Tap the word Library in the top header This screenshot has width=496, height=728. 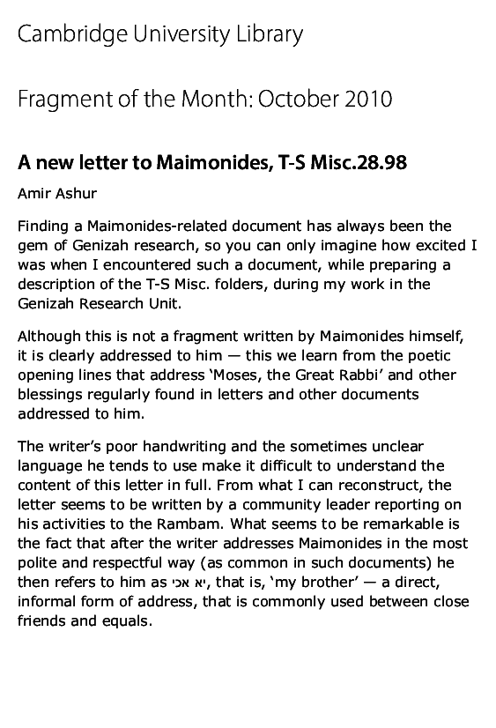coord(269,35)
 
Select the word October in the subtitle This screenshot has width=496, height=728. coord(317,100)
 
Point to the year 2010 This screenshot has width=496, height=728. coord(370,100)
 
